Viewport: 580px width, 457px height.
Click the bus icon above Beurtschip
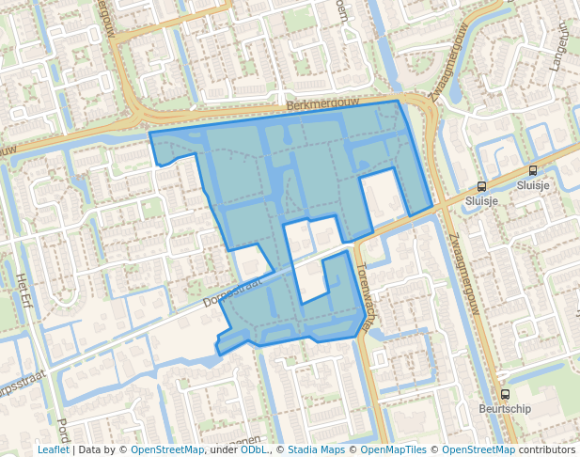505,395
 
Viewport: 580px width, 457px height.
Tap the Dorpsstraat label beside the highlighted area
231,292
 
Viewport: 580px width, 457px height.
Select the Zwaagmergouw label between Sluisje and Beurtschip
464,273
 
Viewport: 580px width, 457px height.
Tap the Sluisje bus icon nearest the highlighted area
481,186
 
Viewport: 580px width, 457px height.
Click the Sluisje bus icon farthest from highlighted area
533,171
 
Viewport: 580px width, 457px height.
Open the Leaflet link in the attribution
54,449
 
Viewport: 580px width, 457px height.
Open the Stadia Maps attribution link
315,449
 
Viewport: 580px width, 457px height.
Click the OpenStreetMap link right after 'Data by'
167,449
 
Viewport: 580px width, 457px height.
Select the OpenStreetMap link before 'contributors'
478,449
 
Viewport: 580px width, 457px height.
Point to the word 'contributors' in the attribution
546,449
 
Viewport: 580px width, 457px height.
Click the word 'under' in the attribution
224,449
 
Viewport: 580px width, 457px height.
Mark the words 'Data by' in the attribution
100,449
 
